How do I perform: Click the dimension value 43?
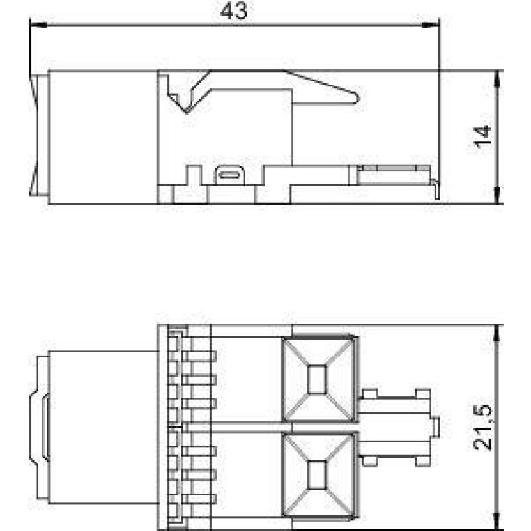pyautogui.click(x=234, y=11)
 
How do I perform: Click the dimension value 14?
pyautogui.click(x=483, y=137)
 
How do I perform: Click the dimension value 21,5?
pyautogui.click(x=483, y=427)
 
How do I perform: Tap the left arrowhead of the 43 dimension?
pyautogui.click(x=38, y=25)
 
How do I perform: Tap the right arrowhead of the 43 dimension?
pyautogui.click(x=431, y=25)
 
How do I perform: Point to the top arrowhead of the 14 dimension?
pyautogui.click(x=496, y=80)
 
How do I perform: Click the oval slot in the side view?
pyautogui.click(x=229, y=175)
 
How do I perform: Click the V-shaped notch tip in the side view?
pyautogui.click(x=187, y=112)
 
